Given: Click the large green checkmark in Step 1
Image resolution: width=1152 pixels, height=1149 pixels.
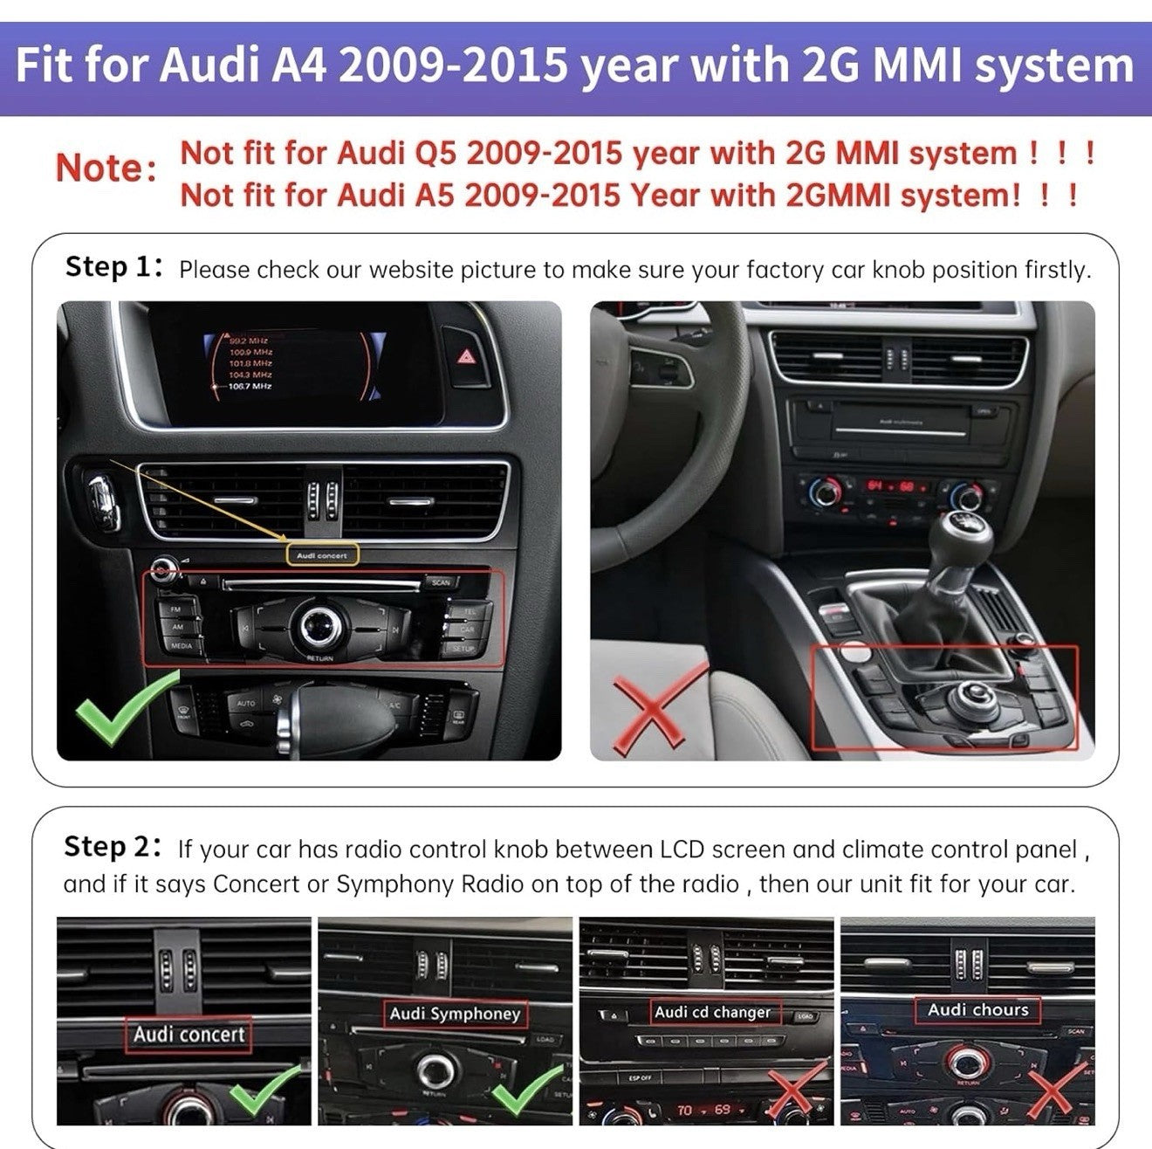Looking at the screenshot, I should (122, 709).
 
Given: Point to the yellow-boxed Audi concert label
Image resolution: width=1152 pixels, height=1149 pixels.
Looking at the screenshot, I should (321, 555).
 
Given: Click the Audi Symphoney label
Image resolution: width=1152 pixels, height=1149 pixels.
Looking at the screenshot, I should (454, 1014).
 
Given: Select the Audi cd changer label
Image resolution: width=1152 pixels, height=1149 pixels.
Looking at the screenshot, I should (713, 1012).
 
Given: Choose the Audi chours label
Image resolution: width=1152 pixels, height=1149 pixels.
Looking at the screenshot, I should (977, 1010).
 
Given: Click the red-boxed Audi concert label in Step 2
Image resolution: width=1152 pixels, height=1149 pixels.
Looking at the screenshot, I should (189, 1035).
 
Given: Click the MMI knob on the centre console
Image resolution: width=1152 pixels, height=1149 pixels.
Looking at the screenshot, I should (970, 695).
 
